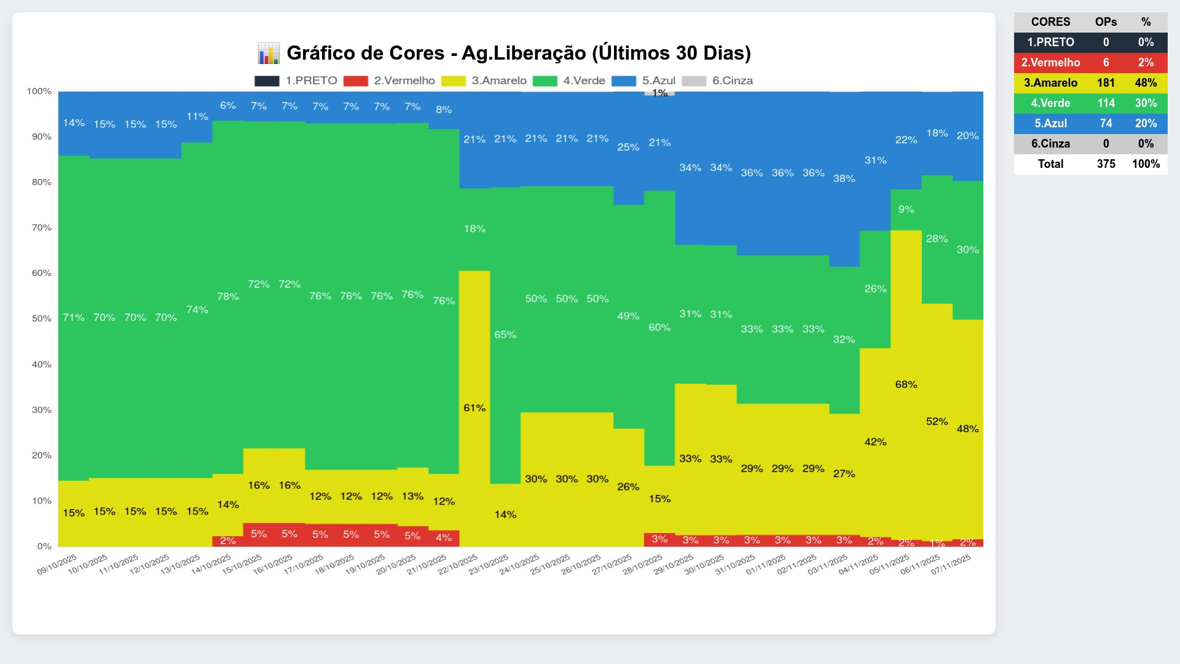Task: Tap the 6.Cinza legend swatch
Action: point(694,81)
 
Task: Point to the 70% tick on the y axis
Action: point(42,227)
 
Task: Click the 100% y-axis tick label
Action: point(39,91)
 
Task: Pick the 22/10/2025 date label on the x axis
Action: point(458,564)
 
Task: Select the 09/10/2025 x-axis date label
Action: point(57,564)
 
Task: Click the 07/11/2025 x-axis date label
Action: point(951,564)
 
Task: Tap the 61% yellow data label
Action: point(474,408)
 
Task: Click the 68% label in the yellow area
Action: point(906,384)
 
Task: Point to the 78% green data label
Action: point(228,296)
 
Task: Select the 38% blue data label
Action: point(844,178)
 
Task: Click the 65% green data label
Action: point(505,334)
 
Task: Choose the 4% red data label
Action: point(444,537)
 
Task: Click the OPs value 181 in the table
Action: point(1106,82)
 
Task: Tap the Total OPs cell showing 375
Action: point(1106,164)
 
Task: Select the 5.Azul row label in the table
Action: point(1050,123)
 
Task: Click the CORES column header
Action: point(1050,22)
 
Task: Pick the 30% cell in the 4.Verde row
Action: point(1146,103)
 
